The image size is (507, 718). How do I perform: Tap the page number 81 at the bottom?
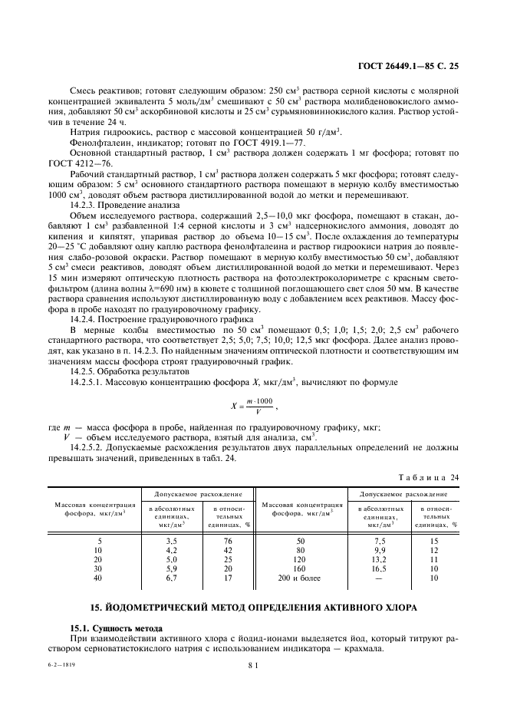[x=253, y=666]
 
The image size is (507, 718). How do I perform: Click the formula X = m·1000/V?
[x=252, y=404]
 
